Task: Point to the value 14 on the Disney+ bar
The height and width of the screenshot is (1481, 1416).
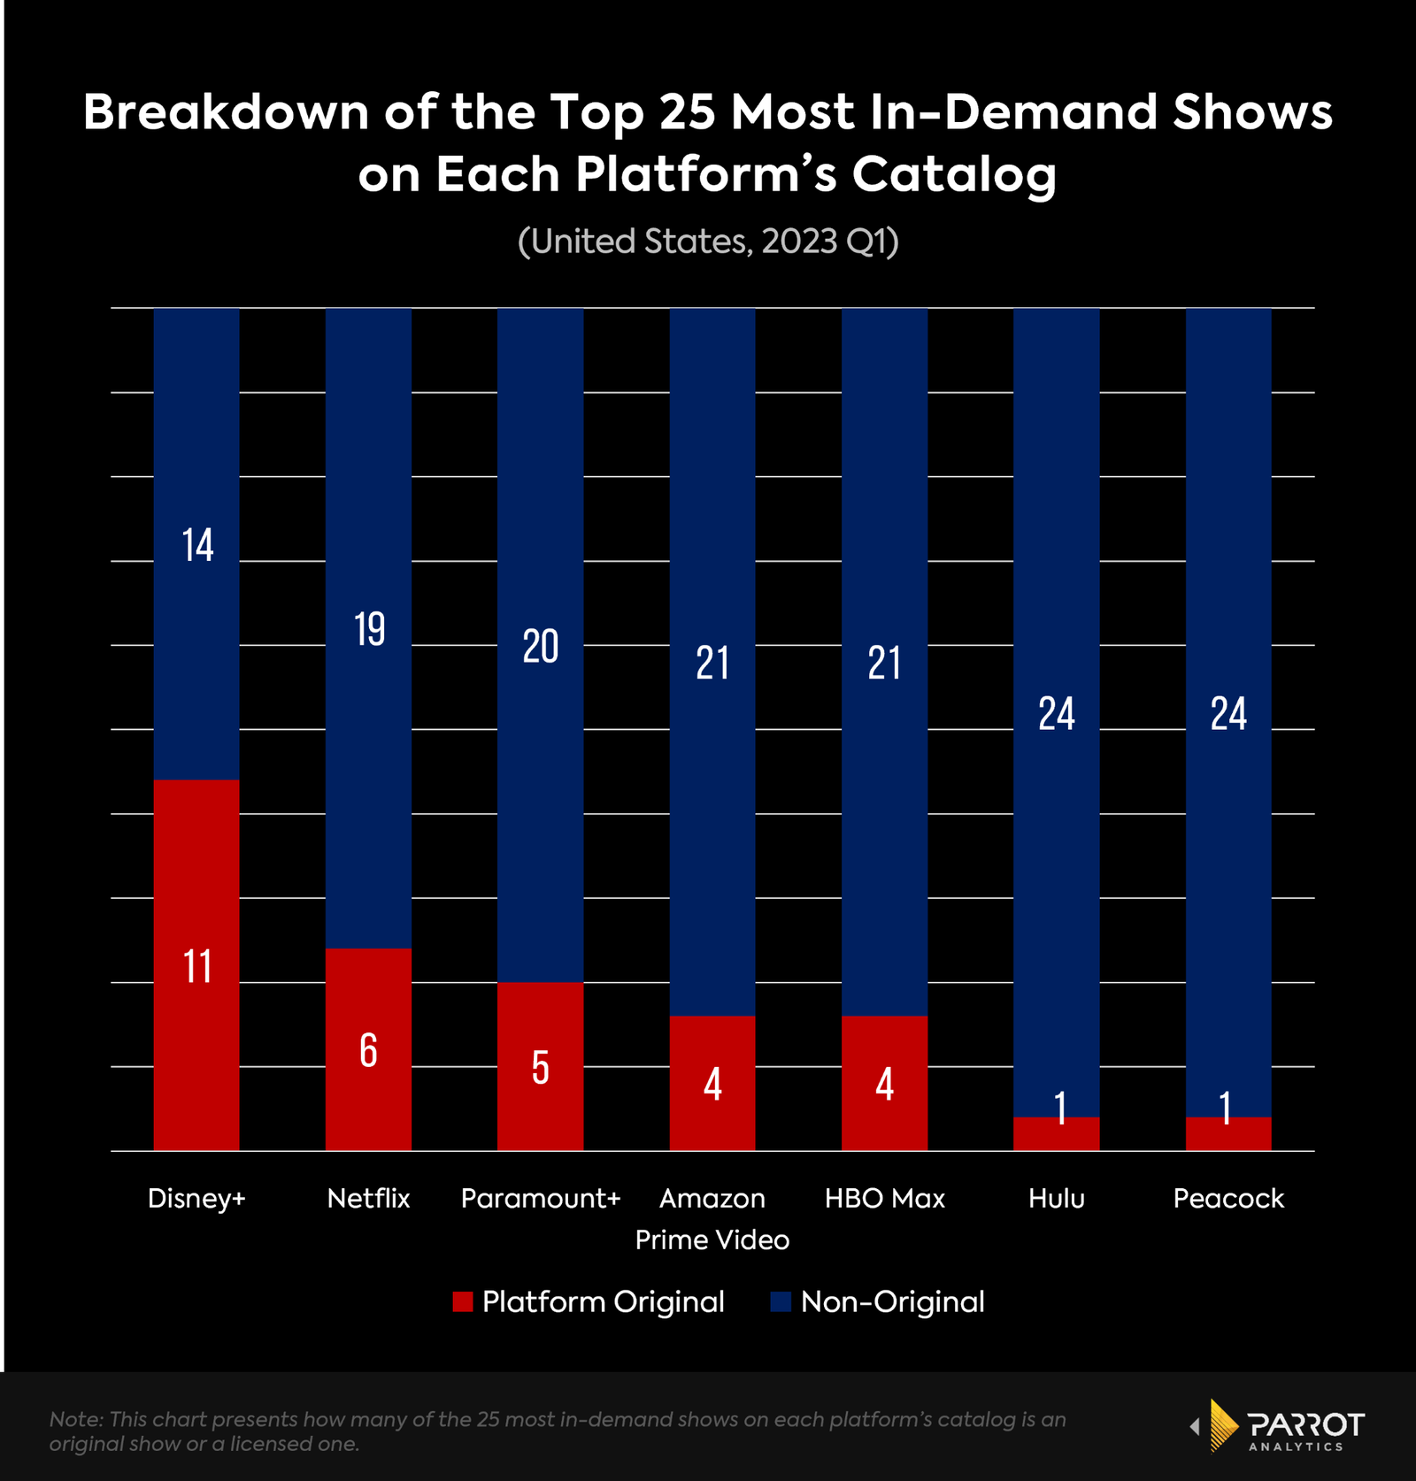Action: coord(197,545)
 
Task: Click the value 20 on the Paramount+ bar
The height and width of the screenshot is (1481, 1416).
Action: coord(540,647)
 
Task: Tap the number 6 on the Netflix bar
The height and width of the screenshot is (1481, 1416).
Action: coord(368,1051)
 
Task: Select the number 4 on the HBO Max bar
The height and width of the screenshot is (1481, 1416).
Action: coord(884,1085)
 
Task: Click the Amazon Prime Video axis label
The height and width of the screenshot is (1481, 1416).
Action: coord(712,1218)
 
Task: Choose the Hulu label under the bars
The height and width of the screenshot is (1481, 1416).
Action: coord(1056,1198)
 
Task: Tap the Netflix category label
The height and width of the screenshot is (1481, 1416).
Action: coord(368,1198)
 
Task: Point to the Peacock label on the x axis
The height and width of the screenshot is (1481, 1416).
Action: coord(1227,1198)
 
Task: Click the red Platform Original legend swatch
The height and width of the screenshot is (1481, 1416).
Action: coord(462,1301)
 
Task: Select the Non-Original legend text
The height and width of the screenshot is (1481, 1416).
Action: coord(892,1301)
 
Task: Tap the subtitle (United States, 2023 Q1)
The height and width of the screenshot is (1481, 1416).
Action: coord(708,242)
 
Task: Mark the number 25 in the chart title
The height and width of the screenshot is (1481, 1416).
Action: coord(687,112)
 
